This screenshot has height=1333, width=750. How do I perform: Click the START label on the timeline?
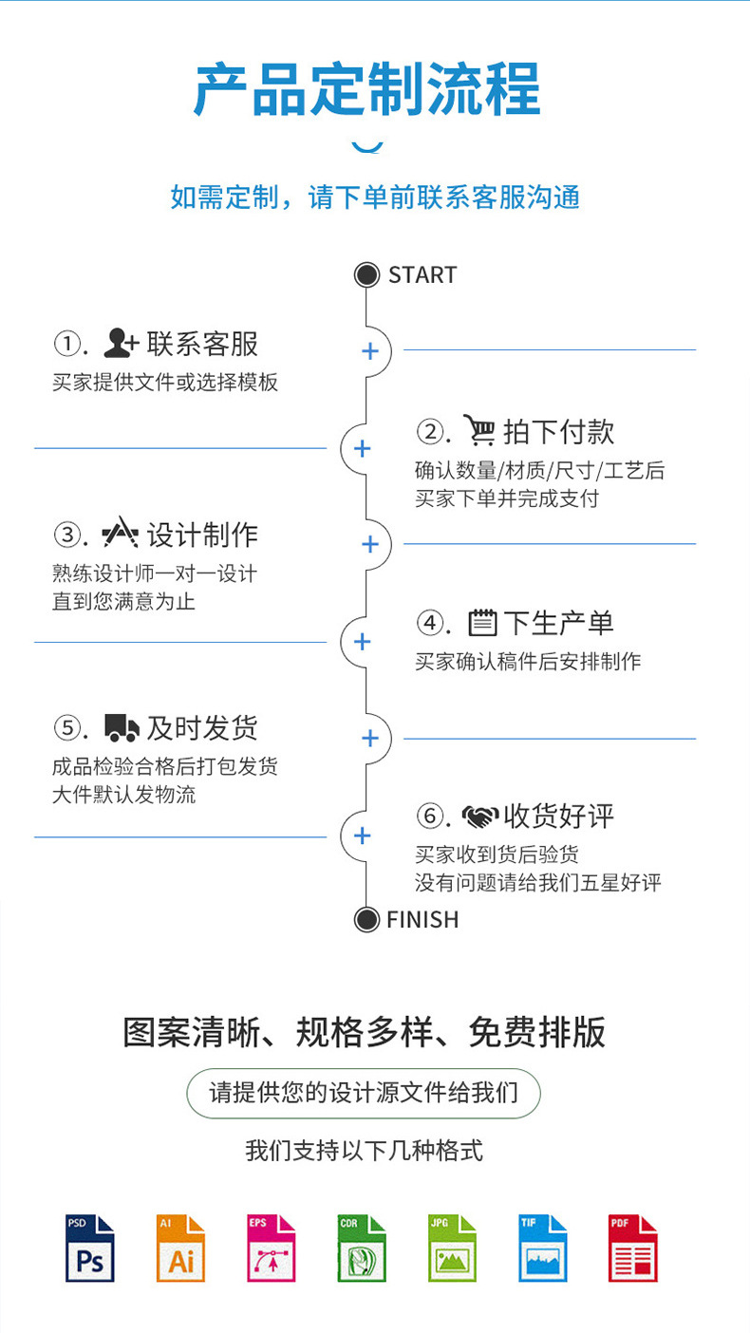422,275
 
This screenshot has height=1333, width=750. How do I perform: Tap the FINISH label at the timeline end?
422,919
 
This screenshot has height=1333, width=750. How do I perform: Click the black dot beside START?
366,275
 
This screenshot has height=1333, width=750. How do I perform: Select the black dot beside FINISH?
366,919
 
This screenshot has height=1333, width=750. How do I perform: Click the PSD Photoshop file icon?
90,1248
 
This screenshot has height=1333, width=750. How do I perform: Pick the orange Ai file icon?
181,1248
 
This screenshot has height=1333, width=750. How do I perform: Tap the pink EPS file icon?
272,1248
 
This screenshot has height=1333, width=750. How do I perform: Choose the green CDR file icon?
362,1248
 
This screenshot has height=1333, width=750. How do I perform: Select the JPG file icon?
453,1248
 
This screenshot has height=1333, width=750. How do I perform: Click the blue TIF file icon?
543,1248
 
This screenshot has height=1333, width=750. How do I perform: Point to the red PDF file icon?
632,1248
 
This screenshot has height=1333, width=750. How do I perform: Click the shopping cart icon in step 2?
479,430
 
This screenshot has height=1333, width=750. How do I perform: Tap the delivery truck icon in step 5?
122,728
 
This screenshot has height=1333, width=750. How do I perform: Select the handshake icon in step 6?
480,816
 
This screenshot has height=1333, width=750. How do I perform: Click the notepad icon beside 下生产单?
482,623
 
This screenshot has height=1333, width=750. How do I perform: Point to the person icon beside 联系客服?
121,343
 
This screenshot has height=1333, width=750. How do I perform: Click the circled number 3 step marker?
67,535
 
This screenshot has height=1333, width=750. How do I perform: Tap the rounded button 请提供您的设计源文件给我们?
364,1093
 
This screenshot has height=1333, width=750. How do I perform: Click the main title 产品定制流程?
367,88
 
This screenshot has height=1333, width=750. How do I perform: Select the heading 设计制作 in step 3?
202,535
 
